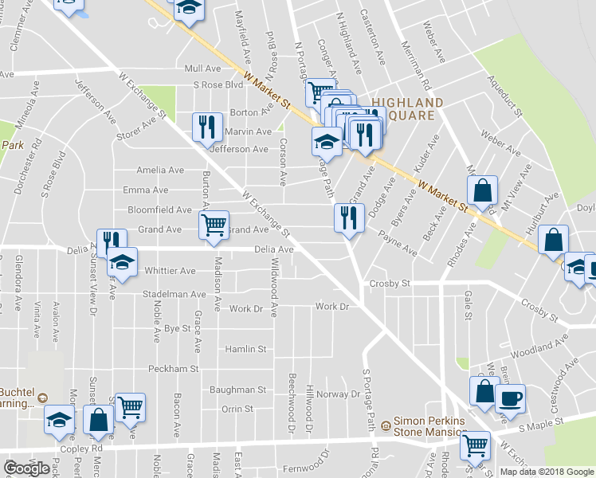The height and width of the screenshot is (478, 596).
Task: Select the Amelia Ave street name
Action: coord(160,170)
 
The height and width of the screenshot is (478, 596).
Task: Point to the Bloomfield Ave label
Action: coord(160,210)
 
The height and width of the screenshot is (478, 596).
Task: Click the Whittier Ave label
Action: coord(170,271)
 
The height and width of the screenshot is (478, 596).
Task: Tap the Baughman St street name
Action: coord(237,390)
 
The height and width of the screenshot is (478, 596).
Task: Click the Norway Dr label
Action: coord(339,394)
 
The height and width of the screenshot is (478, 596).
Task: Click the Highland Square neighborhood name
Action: coord(406,109)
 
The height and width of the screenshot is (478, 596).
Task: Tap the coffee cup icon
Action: coord(510,398)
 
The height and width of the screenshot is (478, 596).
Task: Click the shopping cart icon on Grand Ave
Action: coord(214,225)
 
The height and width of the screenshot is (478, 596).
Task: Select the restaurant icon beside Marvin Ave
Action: coord(205,127)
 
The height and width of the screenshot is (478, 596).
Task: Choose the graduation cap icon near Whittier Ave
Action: coord(123,261)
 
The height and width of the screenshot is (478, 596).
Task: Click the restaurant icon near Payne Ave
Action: coord(348,217)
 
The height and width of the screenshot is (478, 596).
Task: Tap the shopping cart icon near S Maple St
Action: coord(475,445)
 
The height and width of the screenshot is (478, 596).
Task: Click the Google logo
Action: coord(26,468)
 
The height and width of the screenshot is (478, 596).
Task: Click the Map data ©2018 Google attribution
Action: coord(547,472)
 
